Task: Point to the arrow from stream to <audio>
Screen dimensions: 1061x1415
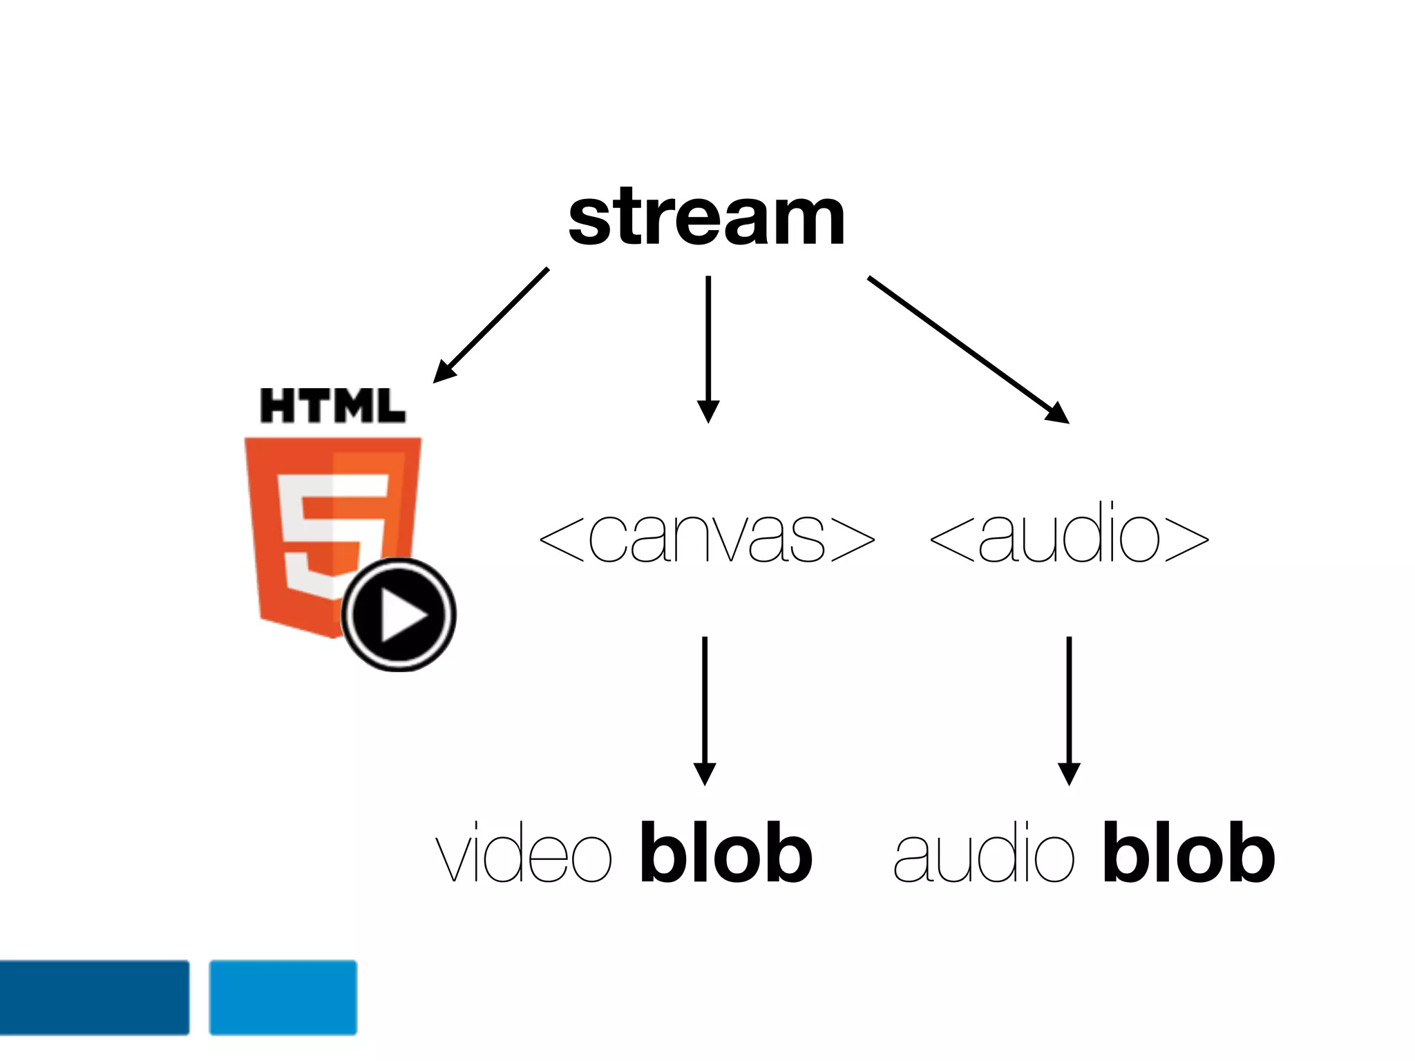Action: [x=967, y=349]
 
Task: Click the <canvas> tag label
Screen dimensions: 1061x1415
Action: [x=706, y=537]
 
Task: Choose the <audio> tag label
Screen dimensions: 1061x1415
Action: [x=1069, y=537]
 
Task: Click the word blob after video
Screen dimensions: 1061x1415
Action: [x=725, y=853]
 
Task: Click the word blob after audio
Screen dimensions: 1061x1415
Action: [x=1188, y=853]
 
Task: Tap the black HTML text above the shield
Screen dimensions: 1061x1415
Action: [x=332, y=405]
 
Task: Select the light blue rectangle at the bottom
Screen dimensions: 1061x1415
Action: [x=283, y=997]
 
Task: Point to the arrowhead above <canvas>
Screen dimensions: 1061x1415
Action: [x=708, y=412]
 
